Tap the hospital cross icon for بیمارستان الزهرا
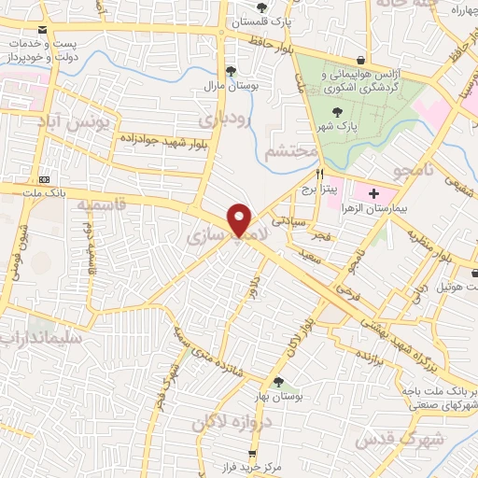pos(374,194)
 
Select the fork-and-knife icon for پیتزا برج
pos(318,173)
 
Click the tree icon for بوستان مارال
pos(231,72)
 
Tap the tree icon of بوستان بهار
pos(277,381)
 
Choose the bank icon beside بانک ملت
pos(44,179)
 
